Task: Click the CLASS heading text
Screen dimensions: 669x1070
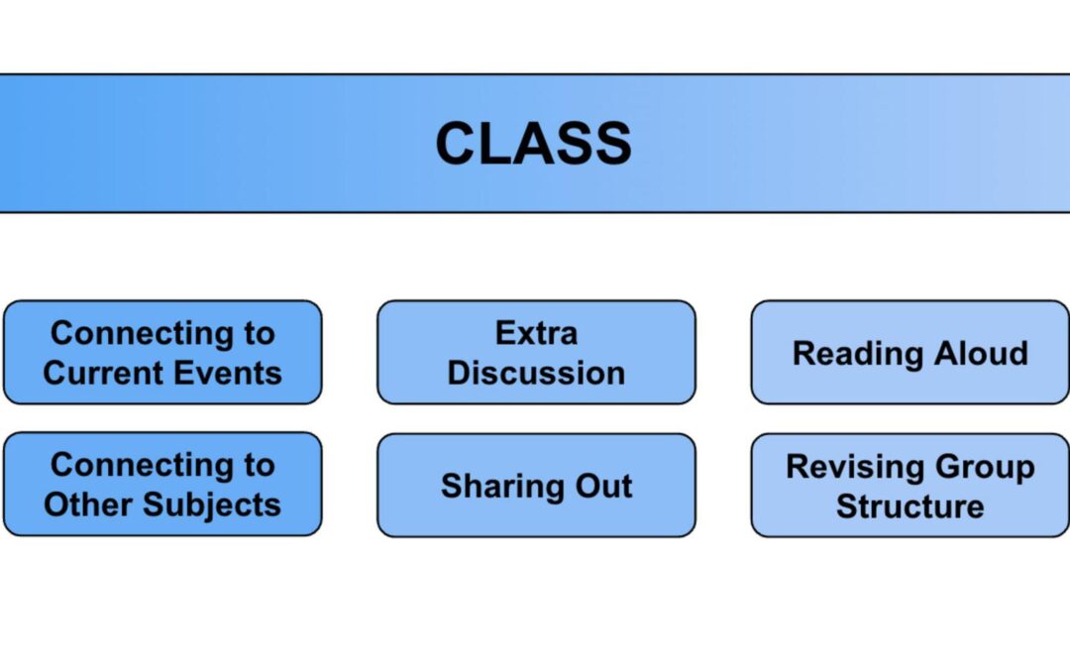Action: (x=533, y=144)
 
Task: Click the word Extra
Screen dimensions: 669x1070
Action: (x=536, y=333)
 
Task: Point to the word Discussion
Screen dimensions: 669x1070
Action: (x=536, y=374)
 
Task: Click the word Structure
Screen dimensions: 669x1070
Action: (x=909, y=506)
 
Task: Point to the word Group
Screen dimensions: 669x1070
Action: (x=985, y=466)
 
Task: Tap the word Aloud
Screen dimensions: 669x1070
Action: (x=981, y=354)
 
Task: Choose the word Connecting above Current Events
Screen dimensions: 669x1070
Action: (x=133, y=333)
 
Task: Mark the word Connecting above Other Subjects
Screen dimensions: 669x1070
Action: (x=133, y=464)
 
